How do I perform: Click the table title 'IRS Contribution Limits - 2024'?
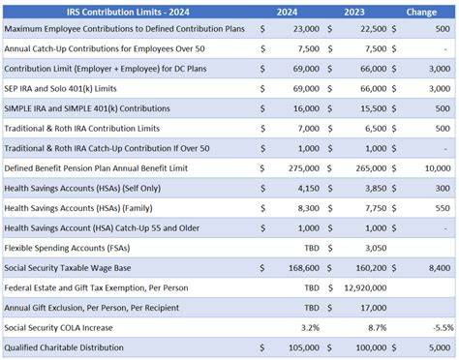(128, 13)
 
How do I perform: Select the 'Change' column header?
(421, 13)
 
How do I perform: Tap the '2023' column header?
(354, 13)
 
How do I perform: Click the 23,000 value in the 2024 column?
(306, 29)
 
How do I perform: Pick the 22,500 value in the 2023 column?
(374, 29)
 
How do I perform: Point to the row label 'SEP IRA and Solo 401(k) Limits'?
(60, 89)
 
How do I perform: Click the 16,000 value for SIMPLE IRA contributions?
(306, 108)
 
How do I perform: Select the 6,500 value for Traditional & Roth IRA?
(376, 129)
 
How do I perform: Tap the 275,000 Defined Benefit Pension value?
(304, 168)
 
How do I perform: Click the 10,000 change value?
(438, 168)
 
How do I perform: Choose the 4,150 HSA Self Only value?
(309, 189)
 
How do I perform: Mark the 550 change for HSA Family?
(443, 208)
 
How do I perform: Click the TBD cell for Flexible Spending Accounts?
(312, 248)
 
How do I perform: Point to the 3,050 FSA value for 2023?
(376, 248)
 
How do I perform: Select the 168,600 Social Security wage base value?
(304, 268)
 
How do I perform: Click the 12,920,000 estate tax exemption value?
(365, 288)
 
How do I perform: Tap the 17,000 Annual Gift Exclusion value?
(374, 308)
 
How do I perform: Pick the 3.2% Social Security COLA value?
(310, 328)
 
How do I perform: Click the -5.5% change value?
(444, 328)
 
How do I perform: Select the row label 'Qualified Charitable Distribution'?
(64, 347)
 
